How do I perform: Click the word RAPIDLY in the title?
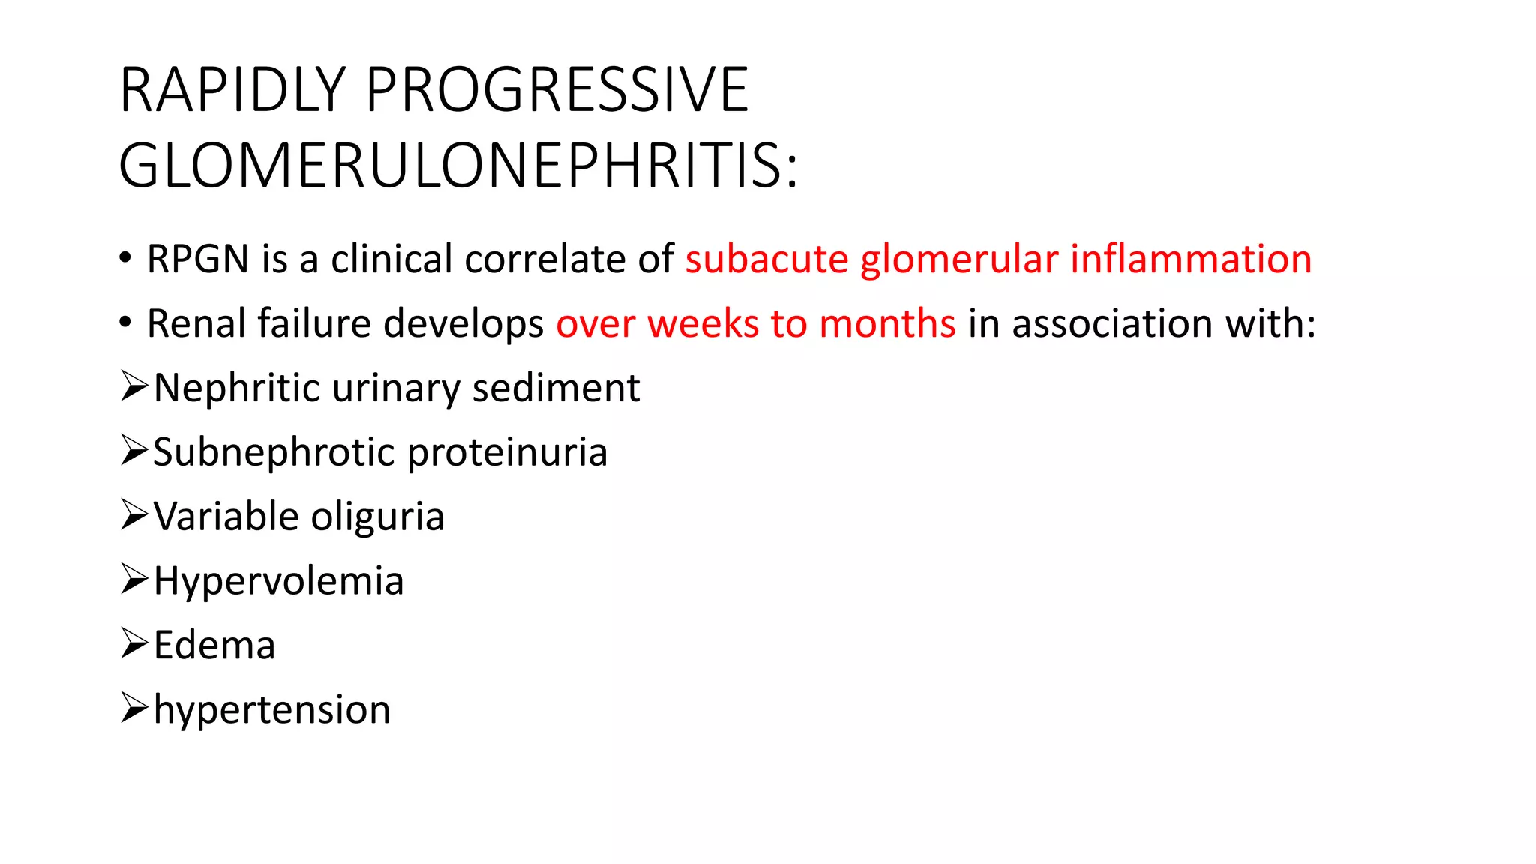point(232,90)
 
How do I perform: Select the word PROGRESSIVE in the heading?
point(557,90)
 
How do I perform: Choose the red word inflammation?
point(1191,259)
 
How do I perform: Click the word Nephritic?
point(237,388)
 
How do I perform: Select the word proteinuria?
point(507,453)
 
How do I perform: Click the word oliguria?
point(377,517)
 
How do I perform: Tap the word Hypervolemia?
point(278,582)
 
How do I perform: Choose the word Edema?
point(214,646)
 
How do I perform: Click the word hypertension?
point(272,710)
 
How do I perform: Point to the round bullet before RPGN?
point(125,258)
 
